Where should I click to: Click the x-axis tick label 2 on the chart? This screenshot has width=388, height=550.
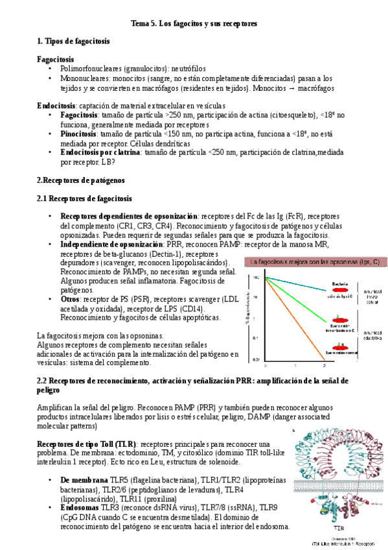(325, 366)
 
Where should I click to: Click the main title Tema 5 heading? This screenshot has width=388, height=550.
(194, 23)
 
